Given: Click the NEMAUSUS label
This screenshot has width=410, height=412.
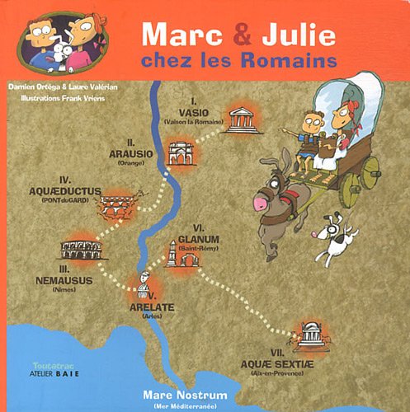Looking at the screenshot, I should (64, 280).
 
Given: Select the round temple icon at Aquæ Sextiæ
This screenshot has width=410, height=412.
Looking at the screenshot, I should (311, 335).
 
